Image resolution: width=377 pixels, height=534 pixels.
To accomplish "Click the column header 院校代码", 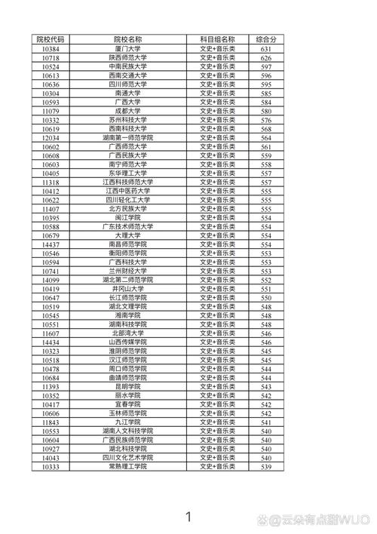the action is pyautogui.click(x=51, y=38).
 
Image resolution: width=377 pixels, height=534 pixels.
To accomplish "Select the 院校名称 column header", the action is pyautogui.click(x=128, y=38).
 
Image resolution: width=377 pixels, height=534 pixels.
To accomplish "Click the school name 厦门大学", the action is pyautogui.click(x=128, y=48).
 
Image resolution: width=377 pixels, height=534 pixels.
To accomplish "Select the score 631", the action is pyautogui.click(x=265, y=48).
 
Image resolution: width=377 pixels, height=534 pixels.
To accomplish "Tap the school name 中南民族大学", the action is pyautogui.click(x=128, y=66).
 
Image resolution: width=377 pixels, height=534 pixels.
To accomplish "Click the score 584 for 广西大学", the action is pyautogui.click(x=265, y=102).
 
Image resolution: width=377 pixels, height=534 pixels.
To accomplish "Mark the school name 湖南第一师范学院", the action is pyautogui.click(x=128, y=137).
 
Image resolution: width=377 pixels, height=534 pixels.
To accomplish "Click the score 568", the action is pyautogui.click(x=265, y=128).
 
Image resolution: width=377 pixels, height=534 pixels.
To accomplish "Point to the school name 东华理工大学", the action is pyautogui.click(x=128, y=173).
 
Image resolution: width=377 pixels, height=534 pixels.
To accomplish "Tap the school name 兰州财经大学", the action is pyautogui.click(x=128, y=271).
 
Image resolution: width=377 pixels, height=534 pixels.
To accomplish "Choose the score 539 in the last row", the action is pyautogui.click(x=265, y=467).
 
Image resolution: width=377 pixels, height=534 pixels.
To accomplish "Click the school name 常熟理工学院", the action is pyautogui.click(x=128, y=467).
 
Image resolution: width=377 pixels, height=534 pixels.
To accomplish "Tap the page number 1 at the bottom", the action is pyautogui.click(x=188, y=517).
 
